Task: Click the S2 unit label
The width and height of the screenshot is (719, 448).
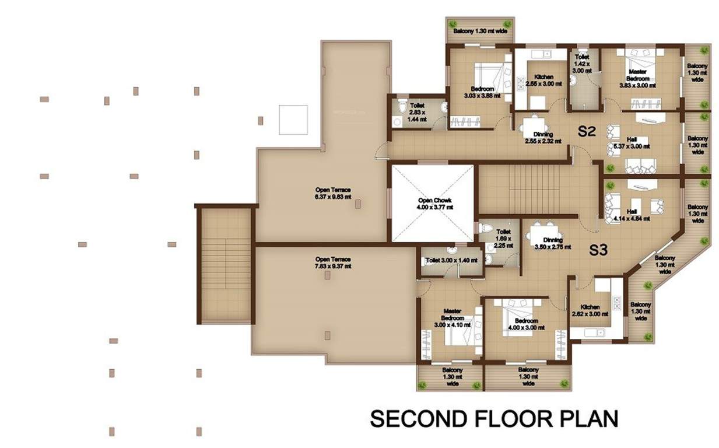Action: [x=586, y=131]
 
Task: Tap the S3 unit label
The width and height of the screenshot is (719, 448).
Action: [x=598, y=250]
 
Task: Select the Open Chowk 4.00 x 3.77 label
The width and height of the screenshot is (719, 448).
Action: [x=433, y=204]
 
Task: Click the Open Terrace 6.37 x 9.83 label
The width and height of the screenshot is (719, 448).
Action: [x=333, y=193]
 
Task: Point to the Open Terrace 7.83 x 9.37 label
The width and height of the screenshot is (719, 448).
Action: [x=333, y=262]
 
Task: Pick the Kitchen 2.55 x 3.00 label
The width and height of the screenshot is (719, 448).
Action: [x=543, y=80]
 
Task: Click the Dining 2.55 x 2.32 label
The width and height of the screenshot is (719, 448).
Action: [x=539, y=138]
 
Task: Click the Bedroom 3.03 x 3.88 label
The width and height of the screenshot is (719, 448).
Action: [x=482, y=92]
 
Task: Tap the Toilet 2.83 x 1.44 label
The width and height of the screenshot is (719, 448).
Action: [x=417, y=112]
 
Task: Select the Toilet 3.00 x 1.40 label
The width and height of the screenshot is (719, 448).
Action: [x=447, y=260]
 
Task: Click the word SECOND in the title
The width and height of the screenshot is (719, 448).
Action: [x=419, y=419]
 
